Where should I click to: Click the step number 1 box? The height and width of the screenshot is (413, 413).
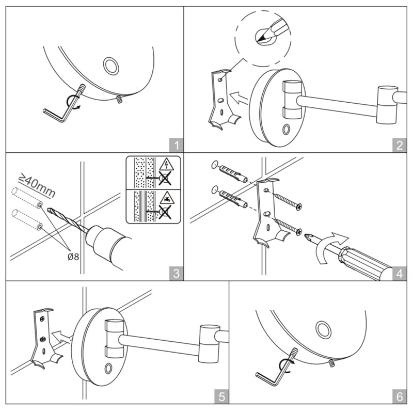(x=176, y=145)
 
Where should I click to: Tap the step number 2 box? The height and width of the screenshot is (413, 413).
(x=399, y=145)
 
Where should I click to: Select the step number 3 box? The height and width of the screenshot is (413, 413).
(x=176, y=274)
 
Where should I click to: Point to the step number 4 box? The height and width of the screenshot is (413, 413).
(x=399, y=274)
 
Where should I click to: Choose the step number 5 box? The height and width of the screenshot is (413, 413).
(x=221, y=396)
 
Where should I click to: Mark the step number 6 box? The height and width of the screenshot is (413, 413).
(x=399, y=396)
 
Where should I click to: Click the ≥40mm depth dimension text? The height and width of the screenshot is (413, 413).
(x=37, y=185)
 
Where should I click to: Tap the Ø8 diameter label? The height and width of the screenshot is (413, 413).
(x=73, y=257)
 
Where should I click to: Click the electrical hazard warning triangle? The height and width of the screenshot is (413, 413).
(x=166, y=164)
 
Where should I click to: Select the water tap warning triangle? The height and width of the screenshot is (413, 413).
(x=166, y=198)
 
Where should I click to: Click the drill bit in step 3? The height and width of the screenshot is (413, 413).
(x=67, y=220)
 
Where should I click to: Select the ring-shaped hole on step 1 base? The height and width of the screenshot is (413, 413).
(x=110, y=66)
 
